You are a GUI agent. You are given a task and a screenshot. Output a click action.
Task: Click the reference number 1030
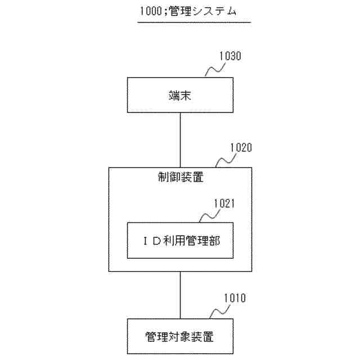[230, 57]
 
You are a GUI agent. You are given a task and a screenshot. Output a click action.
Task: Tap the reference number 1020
[241, 148]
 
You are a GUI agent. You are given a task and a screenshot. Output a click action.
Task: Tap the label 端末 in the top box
[180, 96]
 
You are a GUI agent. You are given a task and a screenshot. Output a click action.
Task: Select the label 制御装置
[180, 179]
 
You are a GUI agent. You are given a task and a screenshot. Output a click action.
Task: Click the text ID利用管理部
[180, 240]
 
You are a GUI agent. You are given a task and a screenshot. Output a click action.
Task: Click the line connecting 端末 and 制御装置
[180, 139]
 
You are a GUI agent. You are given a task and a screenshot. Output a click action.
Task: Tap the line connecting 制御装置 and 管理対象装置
[180, 295]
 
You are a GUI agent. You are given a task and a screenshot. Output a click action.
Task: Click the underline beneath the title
[193, 22]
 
